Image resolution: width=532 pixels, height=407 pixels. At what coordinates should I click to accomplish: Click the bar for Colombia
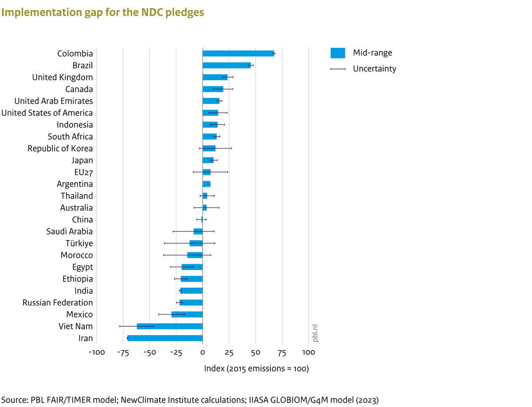click(238, 54)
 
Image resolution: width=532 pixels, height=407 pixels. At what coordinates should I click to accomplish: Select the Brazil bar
click(227, 66)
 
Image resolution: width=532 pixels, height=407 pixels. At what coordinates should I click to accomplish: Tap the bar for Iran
click(165, 338)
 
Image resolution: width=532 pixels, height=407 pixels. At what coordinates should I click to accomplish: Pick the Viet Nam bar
click(170, 326)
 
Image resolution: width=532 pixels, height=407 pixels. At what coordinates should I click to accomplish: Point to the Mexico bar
click(187, 314)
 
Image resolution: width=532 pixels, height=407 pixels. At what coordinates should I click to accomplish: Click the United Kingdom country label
click(63, 78)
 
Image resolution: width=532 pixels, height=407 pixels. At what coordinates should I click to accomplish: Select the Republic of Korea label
click(60, 149)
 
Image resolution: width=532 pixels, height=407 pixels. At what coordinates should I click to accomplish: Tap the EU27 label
click(83, 172)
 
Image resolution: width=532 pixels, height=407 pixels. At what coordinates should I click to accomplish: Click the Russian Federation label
click(58, 303)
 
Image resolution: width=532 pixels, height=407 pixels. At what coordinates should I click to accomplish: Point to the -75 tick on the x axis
click(123, 352)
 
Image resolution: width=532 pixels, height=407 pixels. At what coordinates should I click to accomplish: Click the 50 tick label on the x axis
click(255, 352)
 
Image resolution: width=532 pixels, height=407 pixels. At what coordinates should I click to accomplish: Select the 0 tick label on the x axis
click(203, 352)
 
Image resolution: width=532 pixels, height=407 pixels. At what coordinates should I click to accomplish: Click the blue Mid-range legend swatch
click(338, 53)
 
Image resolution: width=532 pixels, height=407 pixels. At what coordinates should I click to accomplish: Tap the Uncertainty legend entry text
click(374, 69)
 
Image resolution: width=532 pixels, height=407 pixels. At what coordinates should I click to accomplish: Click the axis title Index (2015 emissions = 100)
click(256, 368)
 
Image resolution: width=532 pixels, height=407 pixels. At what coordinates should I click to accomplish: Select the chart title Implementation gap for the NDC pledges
click(102, 12)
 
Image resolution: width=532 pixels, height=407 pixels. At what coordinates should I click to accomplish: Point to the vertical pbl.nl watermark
click(316, 333)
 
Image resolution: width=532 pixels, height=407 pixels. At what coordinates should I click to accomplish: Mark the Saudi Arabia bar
click(198, 231)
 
